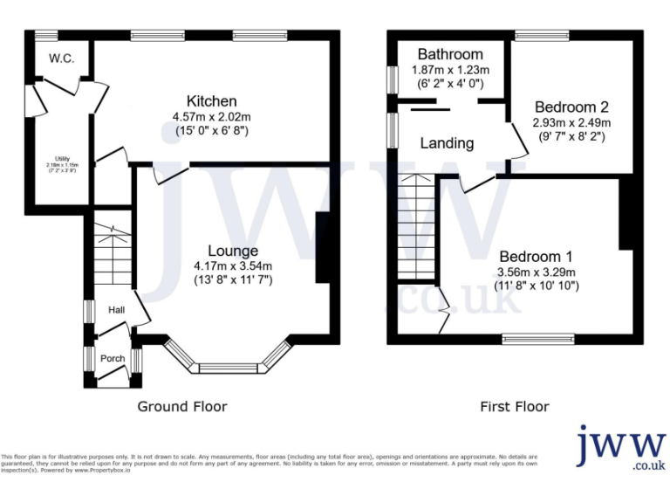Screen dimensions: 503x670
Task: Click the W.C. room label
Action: [x=61, y=59]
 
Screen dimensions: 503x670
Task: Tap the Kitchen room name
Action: [x=211, y=101]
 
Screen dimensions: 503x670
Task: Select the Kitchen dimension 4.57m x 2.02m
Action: [x=211, y=117]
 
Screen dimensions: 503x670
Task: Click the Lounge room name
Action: [x=233, y=251]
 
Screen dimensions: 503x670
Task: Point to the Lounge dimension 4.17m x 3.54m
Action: [x=233, y=266]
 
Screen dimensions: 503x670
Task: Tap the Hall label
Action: [x=117, y=310]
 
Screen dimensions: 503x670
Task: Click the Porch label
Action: [x=113, y=359]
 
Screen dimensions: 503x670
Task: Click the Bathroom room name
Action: [x=449, y=54]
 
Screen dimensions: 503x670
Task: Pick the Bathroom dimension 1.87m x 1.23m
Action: [x=449, y=69]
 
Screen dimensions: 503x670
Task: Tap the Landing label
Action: [x=447, y=143]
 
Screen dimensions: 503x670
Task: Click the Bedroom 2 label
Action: [x=571, y=107]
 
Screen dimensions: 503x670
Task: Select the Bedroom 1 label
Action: [x=536, y=257]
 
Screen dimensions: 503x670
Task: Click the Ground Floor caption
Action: [x=182, y=407]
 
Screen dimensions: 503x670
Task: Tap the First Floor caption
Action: [x=515, y=407]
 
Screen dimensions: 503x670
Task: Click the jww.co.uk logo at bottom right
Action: [x=620, y=447]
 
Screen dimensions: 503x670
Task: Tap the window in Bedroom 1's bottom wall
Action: [x=538, y=336]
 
